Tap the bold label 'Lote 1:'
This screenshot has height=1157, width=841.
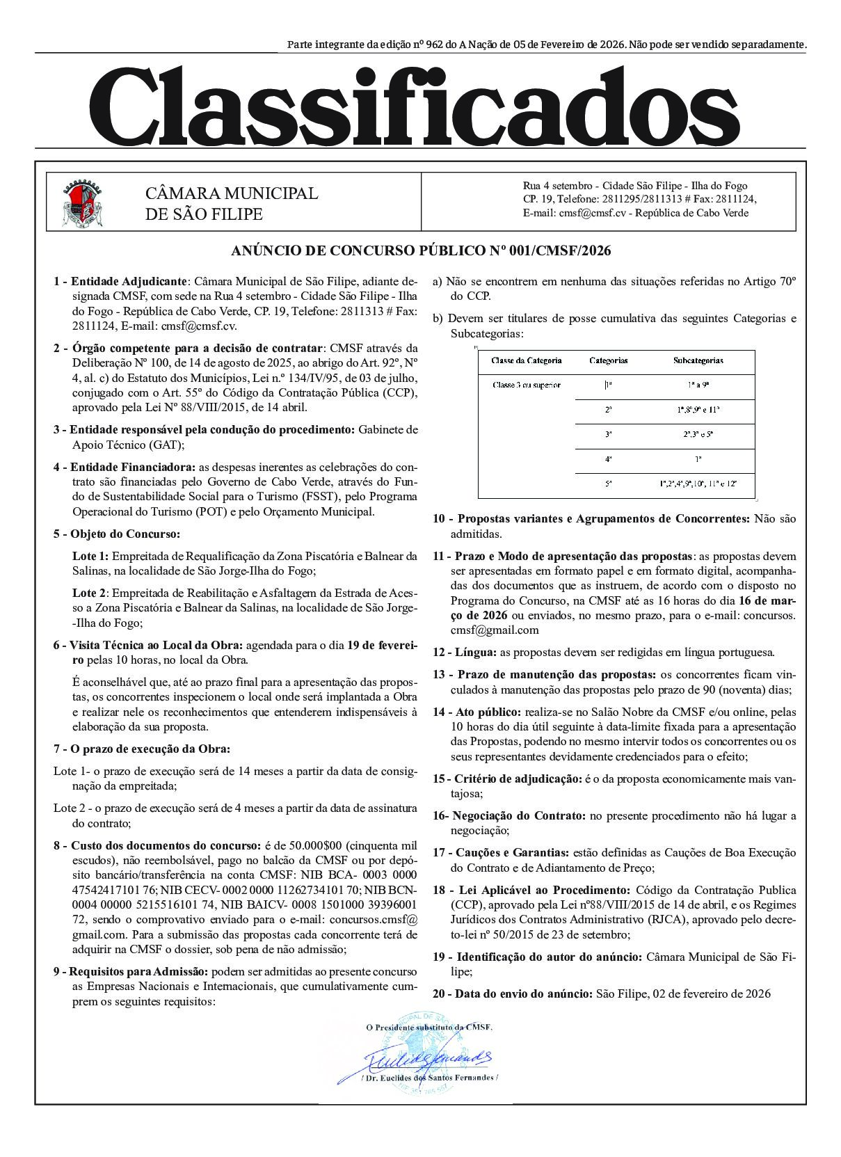click(90, 556)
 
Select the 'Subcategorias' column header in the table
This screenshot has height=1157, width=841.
click(698, 360)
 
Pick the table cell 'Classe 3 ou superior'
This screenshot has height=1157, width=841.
click(526, 385)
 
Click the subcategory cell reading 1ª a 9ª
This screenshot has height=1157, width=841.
click(698, 385)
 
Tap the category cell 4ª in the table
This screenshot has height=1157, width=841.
click(608, 460)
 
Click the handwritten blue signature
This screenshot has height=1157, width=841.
click(424, 1058)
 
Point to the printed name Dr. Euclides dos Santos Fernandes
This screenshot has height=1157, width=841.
click(429, 1077)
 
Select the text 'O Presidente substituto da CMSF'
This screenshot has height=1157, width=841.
click(428, 1027)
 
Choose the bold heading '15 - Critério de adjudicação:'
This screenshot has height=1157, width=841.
click(507, 779)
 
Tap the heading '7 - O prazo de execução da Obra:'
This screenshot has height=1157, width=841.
click(141, 749)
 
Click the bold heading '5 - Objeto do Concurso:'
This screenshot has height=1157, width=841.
click(116, 534)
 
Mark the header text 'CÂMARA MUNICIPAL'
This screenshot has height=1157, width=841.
click(231, 193)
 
